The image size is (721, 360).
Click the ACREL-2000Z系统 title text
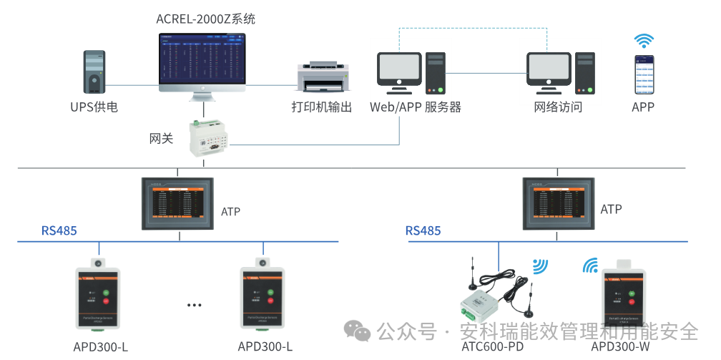pyautogui.click(x=205, y=19)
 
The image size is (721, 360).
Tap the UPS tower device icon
pyautogui.click(x=94, y=72)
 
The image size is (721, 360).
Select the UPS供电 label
pyautogui.click(x=94, y=107)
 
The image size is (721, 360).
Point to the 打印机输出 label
pyautogui.click(x=321, y=107)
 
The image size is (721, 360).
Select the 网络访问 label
pyautogui.click(x=558, y=107)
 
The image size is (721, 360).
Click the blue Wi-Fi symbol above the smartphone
pyautogui.click(x=644, y=40)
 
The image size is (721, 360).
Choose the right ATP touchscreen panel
pyautogui.click(x=557, y=204)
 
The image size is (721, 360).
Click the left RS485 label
pyautogui.click(x=59, y=230)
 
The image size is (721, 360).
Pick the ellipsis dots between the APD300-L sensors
pyautogui.click(x=195, y=305)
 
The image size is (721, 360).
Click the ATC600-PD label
pyautogui.click(x=493, y=347)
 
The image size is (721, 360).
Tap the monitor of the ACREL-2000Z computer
pyautogui.click(x=202, y=63)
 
